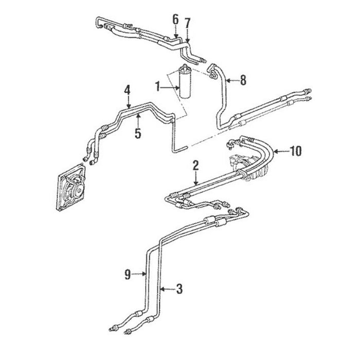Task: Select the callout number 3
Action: pos(179,291)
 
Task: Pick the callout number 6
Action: pos(175,19)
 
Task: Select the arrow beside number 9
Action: pos(140,275)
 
